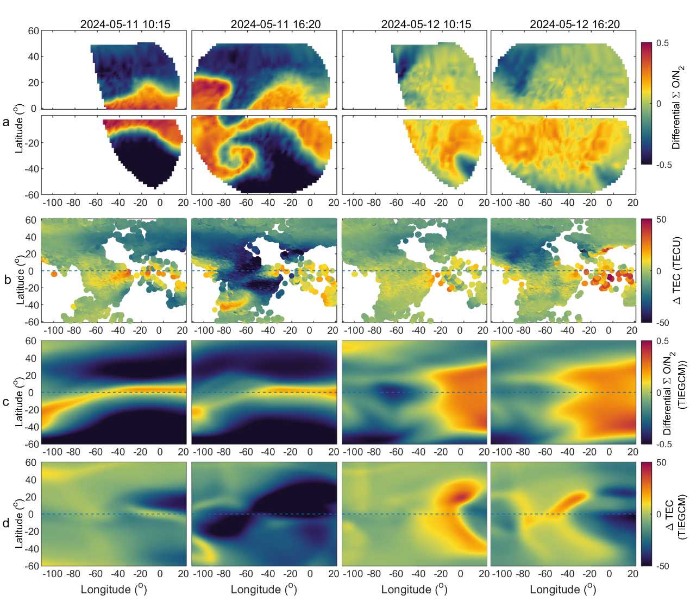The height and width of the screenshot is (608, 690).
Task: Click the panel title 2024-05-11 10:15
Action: [125, 24]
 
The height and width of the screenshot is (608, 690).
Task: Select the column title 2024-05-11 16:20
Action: [275, 24]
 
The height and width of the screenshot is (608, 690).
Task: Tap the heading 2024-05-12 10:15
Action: [426, 24]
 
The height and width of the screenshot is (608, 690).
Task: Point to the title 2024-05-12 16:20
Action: [575, 24]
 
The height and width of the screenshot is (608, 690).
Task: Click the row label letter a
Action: [6, 122]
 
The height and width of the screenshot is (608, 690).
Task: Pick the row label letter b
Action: [7, 280]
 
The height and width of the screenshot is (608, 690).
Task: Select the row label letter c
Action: [6, 402]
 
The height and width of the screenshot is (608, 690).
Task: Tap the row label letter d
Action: [7, 523]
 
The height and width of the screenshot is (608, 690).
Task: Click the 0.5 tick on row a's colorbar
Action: [662, 43]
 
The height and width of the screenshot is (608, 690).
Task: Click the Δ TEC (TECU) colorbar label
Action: [677, 270]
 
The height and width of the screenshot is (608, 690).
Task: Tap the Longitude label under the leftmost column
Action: [114, 590]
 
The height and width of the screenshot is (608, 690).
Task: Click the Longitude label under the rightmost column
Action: [563, 590]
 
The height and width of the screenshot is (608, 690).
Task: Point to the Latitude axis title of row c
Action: [20, 402]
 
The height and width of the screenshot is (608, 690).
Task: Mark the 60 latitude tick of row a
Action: [33, 31]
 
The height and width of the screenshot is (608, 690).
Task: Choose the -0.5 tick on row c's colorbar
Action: [663, 444]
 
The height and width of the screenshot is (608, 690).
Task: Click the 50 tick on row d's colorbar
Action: [662, 463]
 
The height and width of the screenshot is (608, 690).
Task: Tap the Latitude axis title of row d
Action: [20, 523]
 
